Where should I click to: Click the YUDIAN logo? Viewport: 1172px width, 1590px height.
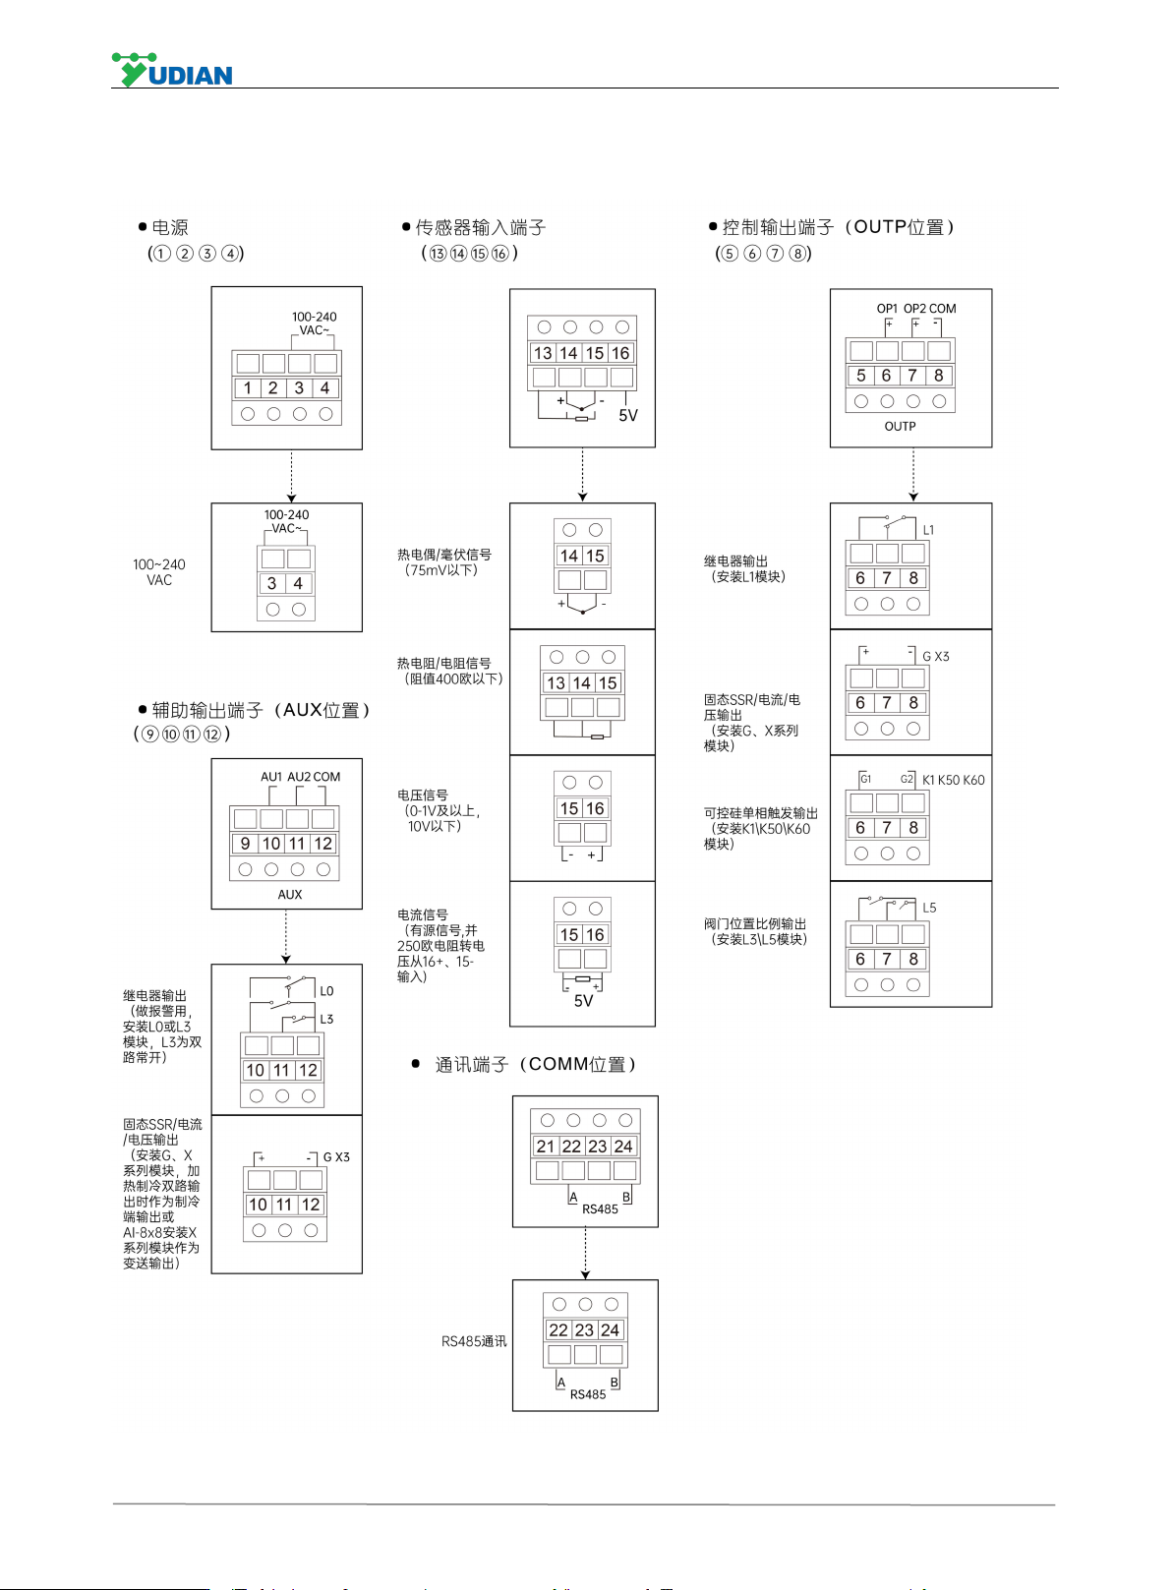tap(172, 70)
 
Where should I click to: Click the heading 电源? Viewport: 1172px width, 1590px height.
tap(170, 227)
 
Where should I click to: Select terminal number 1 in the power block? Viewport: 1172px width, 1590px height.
tap(247, 387)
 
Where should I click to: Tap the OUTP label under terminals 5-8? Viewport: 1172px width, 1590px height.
tap(900, 426)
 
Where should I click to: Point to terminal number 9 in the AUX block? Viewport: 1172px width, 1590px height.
tap(245, 844)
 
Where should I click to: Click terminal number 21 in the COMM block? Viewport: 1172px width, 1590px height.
tap(545, 1146)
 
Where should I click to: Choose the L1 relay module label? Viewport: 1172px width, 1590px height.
tap(928, 530)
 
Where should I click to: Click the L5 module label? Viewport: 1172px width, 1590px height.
tap(929, 908)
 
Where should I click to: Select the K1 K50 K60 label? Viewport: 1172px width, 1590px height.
tap(953, 780)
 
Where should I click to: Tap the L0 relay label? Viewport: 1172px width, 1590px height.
tap(326, 991)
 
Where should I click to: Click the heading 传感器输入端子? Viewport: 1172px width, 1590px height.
tap(481, 227)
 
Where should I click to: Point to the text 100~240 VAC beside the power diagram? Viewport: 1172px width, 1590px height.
tap(159, 572)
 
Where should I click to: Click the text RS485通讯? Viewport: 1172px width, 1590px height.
tap(474, 1341)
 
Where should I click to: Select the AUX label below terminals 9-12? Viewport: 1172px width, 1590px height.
tap(290, 895)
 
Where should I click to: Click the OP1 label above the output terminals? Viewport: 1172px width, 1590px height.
tap(887, 308)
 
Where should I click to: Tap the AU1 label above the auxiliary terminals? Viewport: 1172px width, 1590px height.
tap(271, 777)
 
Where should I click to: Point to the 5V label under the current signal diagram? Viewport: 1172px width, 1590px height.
tap(583, 1001)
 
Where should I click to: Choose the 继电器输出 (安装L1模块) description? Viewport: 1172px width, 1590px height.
tap(744, 568)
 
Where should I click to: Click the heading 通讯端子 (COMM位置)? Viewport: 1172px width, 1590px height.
tap(536, 1064)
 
